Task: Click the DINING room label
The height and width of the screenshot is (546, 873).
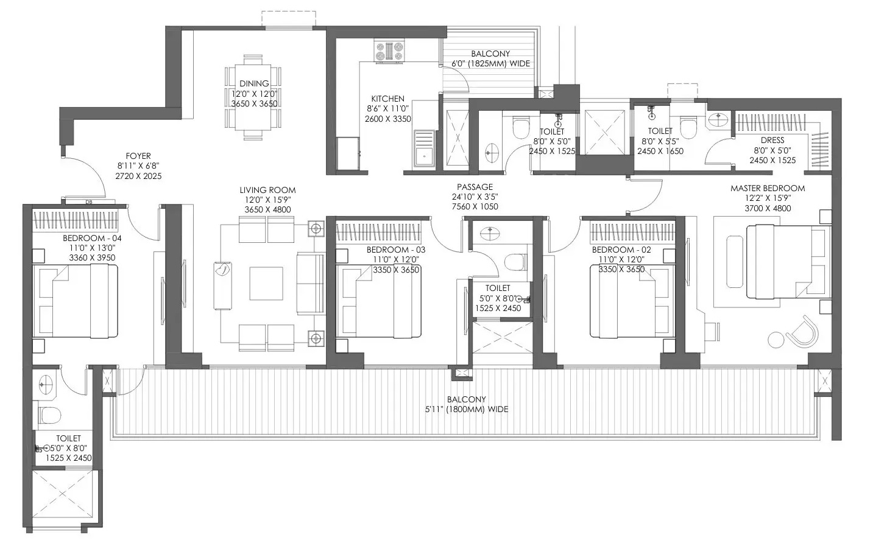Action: click(x=254, y=83)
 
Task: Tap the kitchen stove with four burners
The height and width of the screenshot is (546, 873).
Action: click(x=389, y=51)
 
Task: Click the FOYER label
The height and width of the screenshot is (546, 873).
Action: click(x=138, y=156)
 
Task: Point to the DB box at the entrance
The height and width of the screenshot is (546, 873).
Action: click(x=89, y=201)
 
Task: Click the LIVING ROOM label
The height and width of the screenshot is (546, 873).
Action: click(x=267, y=190)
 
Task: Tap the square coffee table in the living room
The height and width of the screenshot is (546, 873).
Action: click(x=266, y=283)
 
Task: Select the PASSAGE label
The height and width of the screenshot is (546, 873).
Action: click(x=475, y=187)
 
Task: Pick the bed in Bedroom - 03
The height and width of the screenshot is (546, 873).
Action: click(x=378, y=301)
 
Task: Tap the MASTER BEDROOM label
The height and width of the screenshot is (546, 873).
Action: click(x=768, y=188)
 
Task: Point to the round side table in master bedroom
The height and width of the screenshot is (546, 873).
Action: click(x=776, y=339)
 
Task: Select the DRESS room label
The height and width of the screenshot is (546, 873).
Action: click(x=772, y=140)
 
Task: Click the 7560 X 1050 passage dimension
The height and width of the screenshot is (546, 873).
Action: click(x=475, y=207)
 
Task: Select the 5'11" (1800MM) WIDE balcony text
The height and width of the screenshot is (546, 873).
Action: click(x=467, y=409)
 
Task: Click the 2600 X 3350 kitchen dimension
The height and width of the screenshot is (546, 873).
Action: click(x=388, y=119)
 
